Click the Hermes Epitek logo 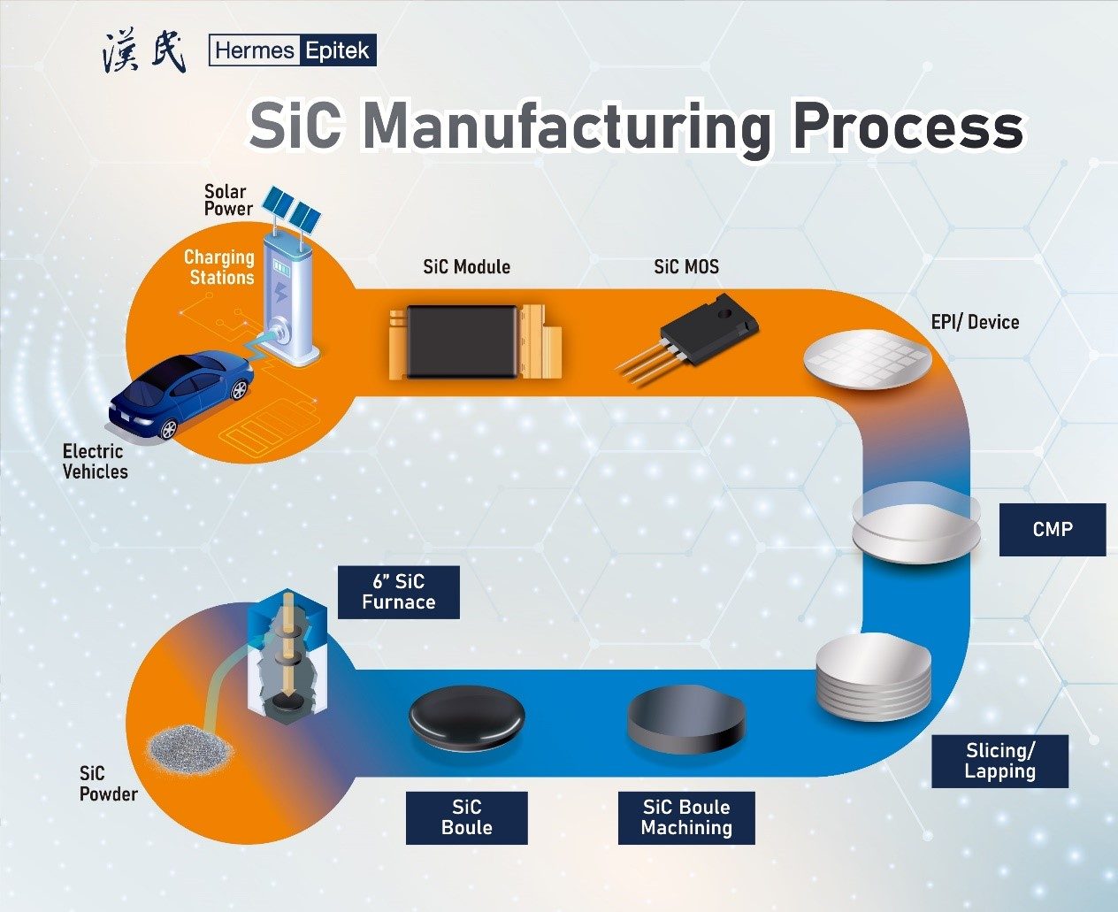(293, 50)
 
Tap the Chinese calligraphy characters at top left (144, 52)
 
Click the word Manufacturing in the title (566, 126)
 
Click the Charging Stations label (219, 267)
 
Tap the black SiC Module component (460, 340)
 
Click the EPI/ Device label (975, 322)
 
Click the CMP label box (1052, 529)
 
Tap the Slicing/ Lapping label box (999, 761)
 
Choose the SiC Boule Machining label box (686, 817)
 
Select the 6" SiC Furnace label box (398, 592)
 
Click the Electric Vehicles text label (95, 462)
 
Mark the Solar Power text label (228, 200)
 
